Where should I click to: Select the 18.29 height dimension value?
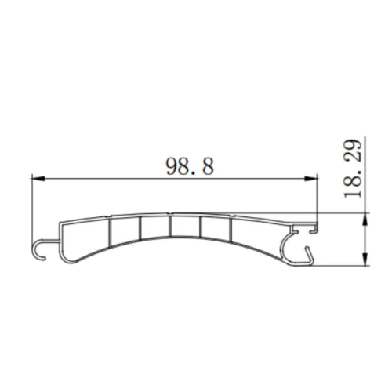coord(354,169)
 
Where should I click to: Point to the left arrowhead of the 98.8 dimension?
coord(36,180)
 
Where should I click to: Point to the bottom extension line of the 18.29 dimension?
coord(345,267)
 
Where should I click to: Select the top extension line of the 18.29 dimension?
coord(345,218)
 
